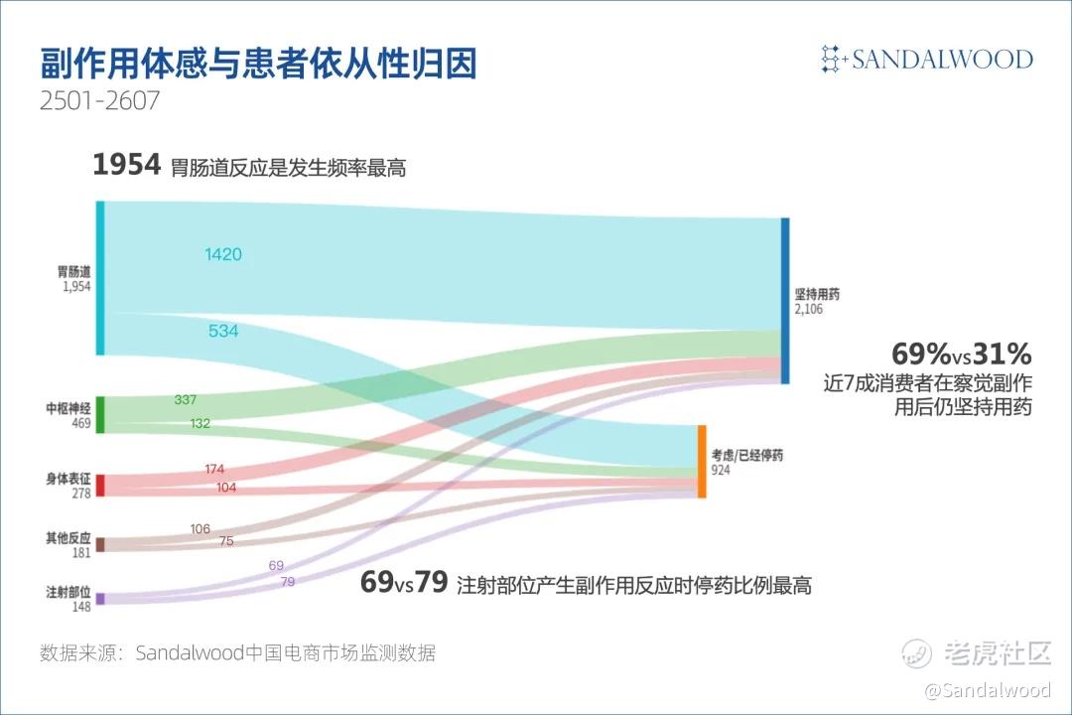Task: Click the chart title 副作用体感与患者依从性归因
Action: click(x=258, y=64)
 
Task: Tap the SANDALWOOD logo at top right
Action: click(x=926, y=59)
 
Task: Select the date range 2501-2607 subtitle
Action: click(x=100, y=100)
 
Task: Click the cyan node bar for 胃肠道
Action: click(x=100, y=278)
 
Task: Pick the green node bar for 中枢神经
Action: click(x=100, y=415)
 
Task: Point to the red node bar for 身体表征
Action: click(x=100, y=485)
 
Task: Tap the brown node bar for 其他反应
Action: click(x=100, y=544)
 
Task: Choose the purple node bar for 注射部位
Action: click(x=100, y=599)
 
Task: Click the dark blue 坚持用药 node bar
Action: click(x=785, y=301)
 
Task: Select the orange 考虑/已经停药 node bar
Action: click(x=702, y=461)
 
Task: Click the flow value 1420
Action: click(x=223, y=254)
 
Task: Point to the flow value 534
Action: click(x=223, y=331)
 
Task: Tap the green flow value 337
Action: click(x=186, y=399)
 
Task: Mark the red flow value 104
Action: click(x=226, y=488)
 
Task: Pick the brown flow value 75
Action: click(x=226, y=540)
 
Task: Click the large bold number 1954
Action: click(x=126, y=165)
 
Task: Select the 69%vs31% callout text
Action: click(x=961, y=354)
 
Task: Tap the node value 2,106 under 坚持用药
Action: click(x=809, y=309)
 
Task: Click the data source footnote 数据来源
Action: click(x=237, y=652)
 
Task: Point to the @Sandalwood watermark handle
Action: click(x=988, y=690)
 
